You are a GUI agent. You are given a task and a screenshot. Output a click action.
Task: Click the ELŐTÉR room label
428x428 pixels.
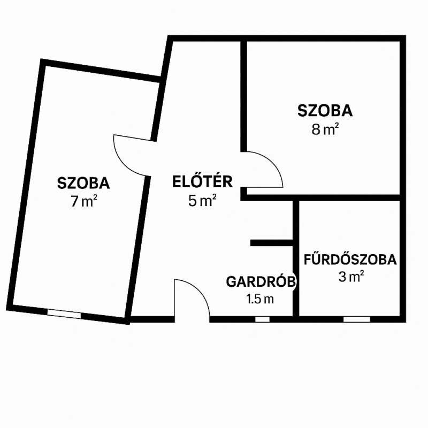(x=202, y=181)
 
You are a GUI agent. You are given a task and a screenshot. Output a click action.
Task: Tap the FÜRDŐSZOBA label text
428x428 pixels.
(x=350, y=259)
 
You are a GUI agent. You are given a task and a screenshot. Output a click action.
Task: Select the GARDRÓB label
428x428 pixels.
(x=261, y=281)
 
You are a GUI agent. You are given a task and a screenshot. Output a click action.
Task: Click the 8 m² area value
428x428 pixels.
(x=325, y=129)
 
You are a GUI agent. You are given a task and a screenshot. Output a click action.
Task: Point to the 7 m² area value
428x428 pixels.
(x=84, y=201)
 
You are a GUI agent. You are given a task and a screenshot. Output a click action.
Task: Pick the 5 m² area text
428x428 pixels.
(x=202, y=200)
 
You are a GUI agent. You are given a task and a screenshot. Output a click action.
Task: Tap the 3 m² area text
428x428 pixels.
(x=351, y=277)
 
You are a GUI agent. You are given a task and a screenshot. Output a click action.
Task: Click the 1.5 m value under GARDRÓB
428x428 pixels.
(x=260, y=299)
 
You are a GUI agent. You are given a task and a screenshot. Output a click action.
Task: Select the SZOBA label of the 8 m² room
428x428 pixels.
(x=325, y=111)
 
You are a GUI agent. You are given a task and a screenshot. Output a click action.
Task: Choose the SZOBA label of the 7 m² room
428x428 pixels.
(x=83, y=183)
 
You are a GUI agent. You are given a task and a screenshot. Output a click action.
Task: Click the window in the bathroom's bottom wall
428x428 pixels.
(x=356, y=319)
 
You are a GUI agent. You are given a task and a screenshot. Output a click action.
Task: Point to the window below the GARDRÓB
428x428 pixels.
(x=262, y=319)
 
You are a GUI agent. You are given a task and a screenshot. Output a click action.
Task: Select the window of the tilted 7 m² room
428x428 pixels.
(x=64, y=314)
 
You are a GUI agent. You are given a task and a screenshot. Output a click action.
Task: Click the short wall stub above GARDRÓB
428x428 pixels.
(x=272, y=243)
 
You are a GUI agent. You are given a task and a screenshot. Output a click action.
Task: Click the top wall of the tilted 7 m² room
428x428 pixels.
(x=101, y=71)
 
